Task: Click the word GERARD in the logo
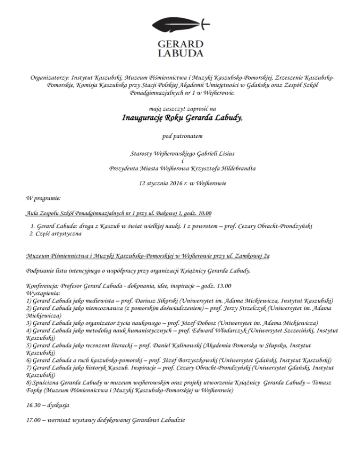[x=180, y=42]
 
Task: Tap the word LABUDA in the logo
[x=180, y=52]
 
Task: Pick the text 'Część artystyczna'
[x=59, y=233]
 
